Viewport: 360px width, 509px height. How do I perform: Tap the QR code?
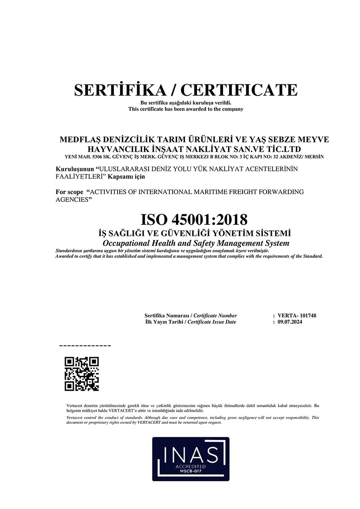tap(82, 374)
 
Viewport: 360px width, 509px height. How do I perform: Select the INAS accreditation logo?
tap(191, 459)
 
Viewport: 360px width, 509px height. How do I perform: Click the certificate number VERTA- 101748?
tap(297, 316)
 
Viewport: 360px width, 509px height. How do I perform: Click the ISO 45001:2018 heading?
tap(194, 220)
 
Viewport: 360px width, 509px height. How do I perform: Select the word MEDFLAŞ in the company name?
tap(79, 140)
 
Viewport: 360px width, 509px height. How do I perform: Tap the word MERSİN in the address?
tap(315, 157)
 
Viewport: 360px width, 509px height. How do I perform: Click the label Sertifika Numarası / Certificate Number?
tap(191, 316)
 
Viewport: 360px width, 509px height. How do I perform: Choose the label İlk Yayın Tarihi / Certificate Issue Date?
tap(190, 322)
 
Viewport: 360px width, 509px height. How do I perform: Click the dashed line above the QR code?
tap(85, 346)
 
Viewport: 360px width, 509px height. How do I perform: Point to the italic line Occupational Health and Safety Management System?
tap(196, 243)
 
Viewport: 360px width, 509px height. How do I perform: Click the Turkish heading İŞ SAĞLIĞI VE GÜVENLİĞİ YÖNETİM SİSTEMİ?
tap(194, 233)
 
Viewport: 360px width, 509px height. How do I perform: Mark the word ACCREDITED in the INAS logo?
tap(190, 466)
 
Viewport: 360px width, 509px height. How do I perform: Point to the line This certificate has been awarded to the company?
tap(186, 109)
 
